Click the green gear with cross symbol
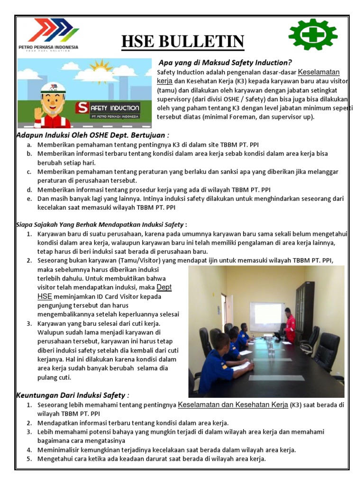coord(313,35)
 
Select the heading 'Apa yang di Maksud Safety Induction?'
coord(225,63)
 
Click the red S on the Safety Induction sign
coord(82,108)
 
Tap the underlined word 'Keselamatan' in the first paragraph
coord(318,72)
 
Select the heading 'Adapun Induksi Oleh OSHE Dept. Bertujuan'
coord(93,135)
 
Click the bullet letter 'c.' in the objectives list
coord(29,172)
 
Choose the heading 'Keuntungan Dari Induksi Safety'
coord(73,395)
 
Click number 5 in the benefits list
coord(29,459)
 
